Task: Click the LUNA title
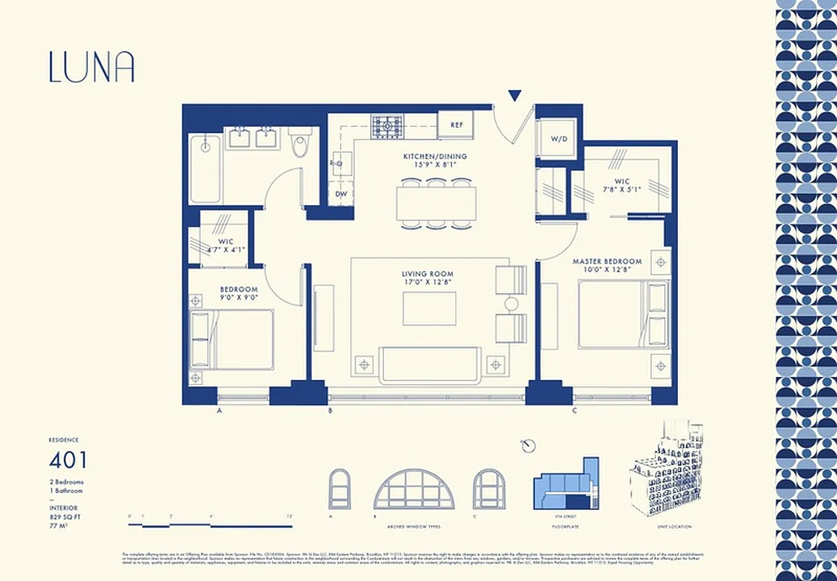click(91, 66)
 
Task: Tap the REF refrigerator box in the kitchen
click(456, 125)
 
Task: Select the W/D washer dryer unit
click(558, 138)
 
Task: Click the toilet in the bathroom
click(300, 143)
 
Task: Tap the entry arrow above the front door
click(515, 95)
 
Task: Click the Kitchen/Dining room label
click(435, 156)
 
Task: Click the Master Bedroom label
click(607, 261)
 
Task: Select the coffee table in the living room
click(430, 309)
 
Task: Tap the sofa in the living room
click(430, 364)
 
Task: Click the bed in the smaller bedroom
click(232, 339)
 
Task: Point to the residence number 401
click(68, 460)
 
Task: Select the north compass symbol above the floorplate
click(528, 444)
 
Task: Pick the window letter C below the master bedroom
click(574, 411)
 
